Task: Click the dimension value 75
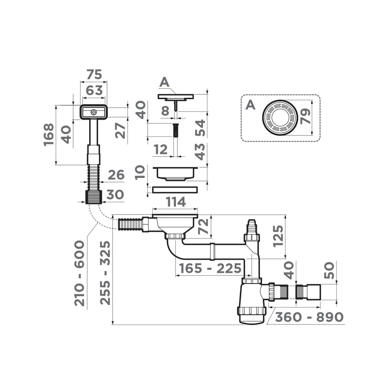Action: coord(94,74)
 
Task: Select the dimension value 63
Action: coord(94,90)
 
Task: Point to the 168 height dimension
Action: coord(49,135)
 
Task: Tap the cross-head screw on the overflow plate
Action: coord(93,112)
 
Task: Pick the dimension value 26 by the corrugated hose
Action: coord(116,175)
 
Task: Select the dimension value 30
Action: coord(115,195)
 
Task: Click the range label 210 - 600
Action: coord(79,273)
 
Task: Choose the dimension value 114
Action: coord(175,202)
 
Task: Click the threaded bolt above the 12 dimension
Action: coord(176,130)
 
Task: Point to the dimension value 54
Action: coord(200,128)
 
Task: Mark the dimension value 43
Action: coord(200,152)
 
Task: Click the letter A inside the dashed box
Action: coord(250,105)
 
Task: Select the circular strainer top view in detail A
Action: coord(280,118)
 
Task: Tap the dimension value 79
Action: coord(305,117)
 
